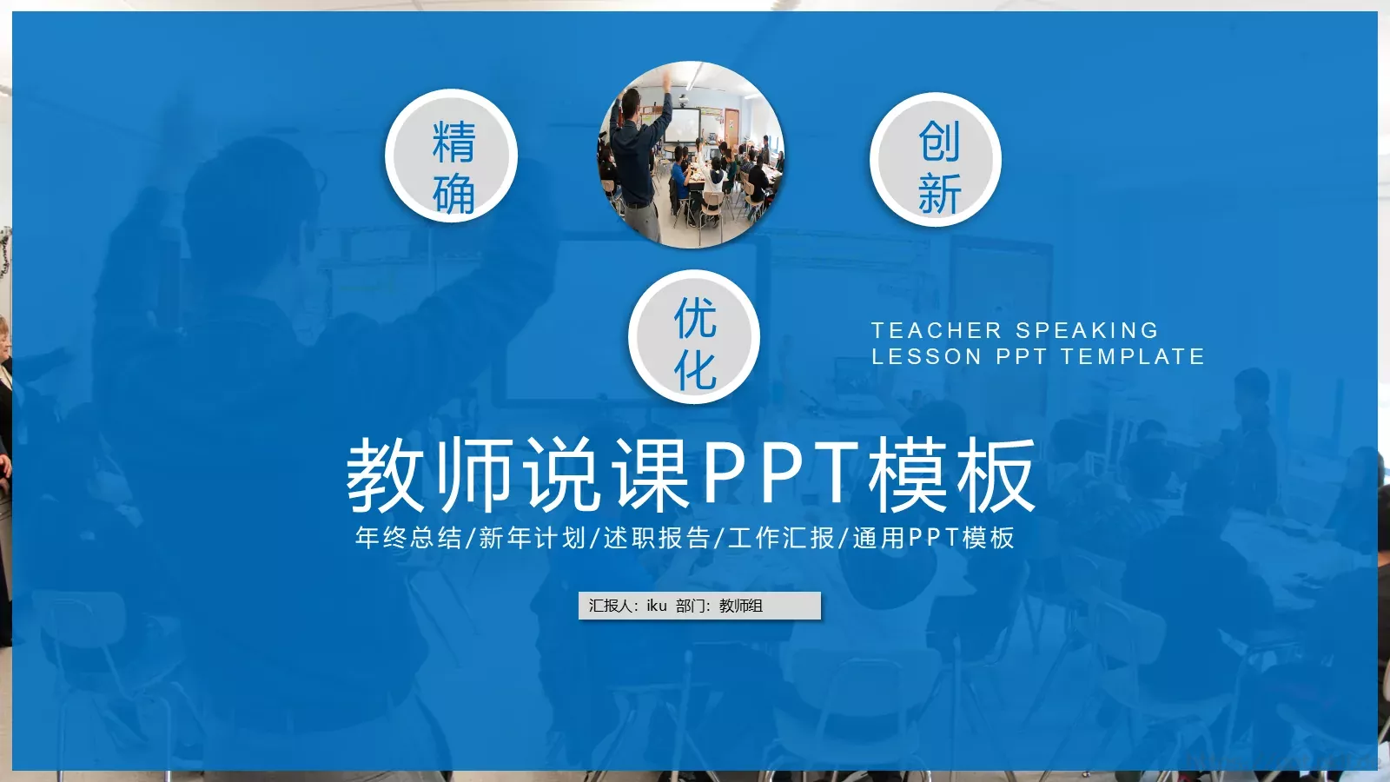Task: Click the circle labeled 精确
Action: (x=452, y=156)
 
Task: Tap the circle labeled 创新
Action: (x=936, y=160)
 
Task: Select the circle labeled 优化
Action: (x=694, y=337)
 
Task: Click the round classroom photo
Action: (x=692, y=155)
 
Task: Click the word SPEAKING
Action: (x=1087, y=330)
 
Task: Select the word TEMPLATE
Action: (x=1133, y=356)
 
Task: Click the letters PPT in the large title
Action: (x=778, y=474)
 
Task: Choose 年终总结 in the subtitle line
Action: (x=408, y=538)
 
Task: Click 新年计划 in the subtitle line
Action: (x=533, y=538)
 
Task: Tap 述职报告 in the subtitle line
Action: (x=657, y=538)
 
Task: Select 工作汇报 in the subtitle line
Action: (x=781, y=538)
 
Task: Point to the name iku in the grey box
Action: (x=657, y=606)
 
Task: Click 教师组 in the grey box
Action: (x=741, y=606)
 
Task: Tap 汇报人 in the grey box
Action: (x=610, y=606)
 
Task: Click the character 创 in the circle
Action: (x=939, y=141)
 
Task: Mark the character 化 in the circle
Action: (x=695, y=371)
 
